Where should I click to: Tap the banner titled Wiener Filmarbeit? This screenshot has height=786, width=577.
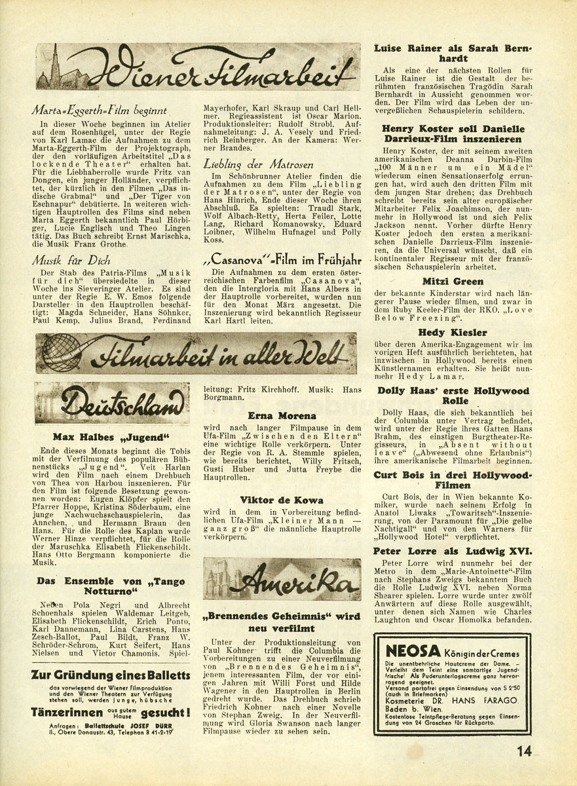tap(198, 67)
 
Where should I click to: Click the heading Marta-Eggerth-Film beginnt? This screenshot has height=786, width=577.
tap(102, 111)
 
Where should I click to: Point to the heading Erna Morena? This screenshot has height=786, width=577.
tap(282, 415)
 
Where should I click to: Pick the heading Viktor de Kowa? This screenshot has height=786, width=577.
tap(282, 500)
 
